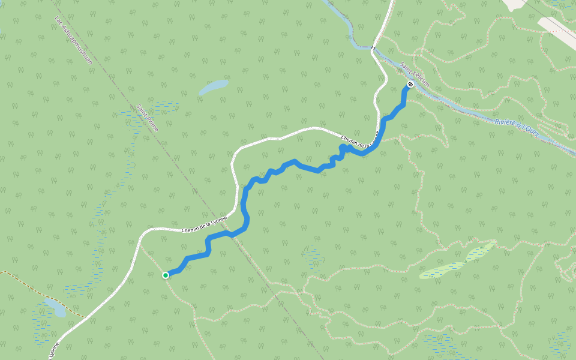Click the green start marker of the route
click(x=166, y=275)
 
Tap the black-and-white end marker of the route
click(x=410, y=84)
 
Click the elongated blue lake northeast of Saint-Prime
click(x=214, y=87)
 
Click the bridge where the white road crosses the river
click(x=373, y=47)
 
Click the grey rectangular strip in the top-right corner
click(x=559, y=28)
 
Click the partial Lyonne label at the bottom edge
click(x=53, y=350)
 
